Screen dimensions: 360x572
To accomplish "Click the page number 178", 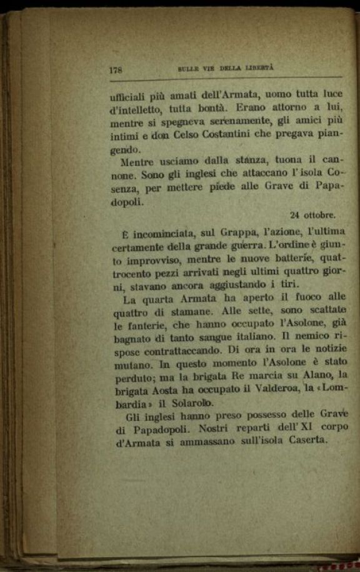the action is coord(115,71).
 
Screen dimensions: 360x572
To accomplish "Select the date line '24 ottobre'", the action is coord(312,215).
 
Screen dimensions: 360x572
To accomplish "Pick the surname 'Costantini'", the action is coord(237,136).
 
